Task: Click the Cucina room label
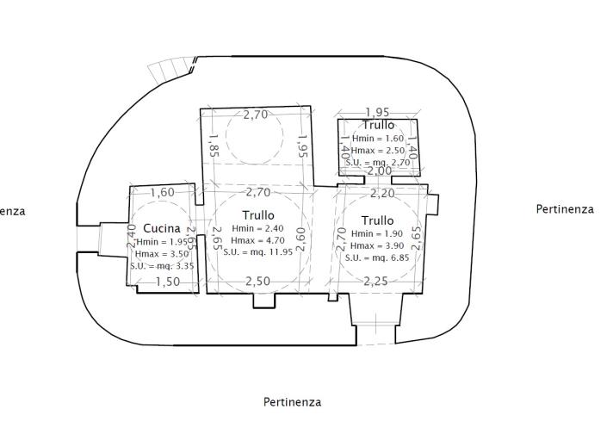point(162,228)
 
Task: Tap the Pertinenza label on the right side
point(565,208)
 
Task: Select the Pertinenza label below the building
point(292,402)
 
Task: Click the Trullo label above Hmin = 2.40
point(258,214)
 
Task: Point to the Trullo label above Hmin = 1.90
point(377,220)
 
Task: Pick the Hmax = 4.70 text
point(258,239)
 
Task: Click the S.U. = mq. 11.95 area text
point(258,251)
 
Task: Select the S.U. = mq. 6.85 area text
point(377,257)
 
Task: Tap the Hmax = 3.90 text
point(377,245)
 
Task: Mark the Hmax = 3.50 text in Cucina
point(159,255)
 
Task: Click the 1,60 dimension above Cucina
point(162,193)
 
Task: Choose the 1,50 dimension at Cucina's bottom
point(168,282)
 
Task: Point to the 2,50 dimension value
point(257,282)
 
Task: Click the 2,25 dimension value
point(375,282)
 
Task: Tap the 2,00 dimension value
point(380,171)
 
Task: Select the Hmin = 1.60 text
point(377,139)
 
